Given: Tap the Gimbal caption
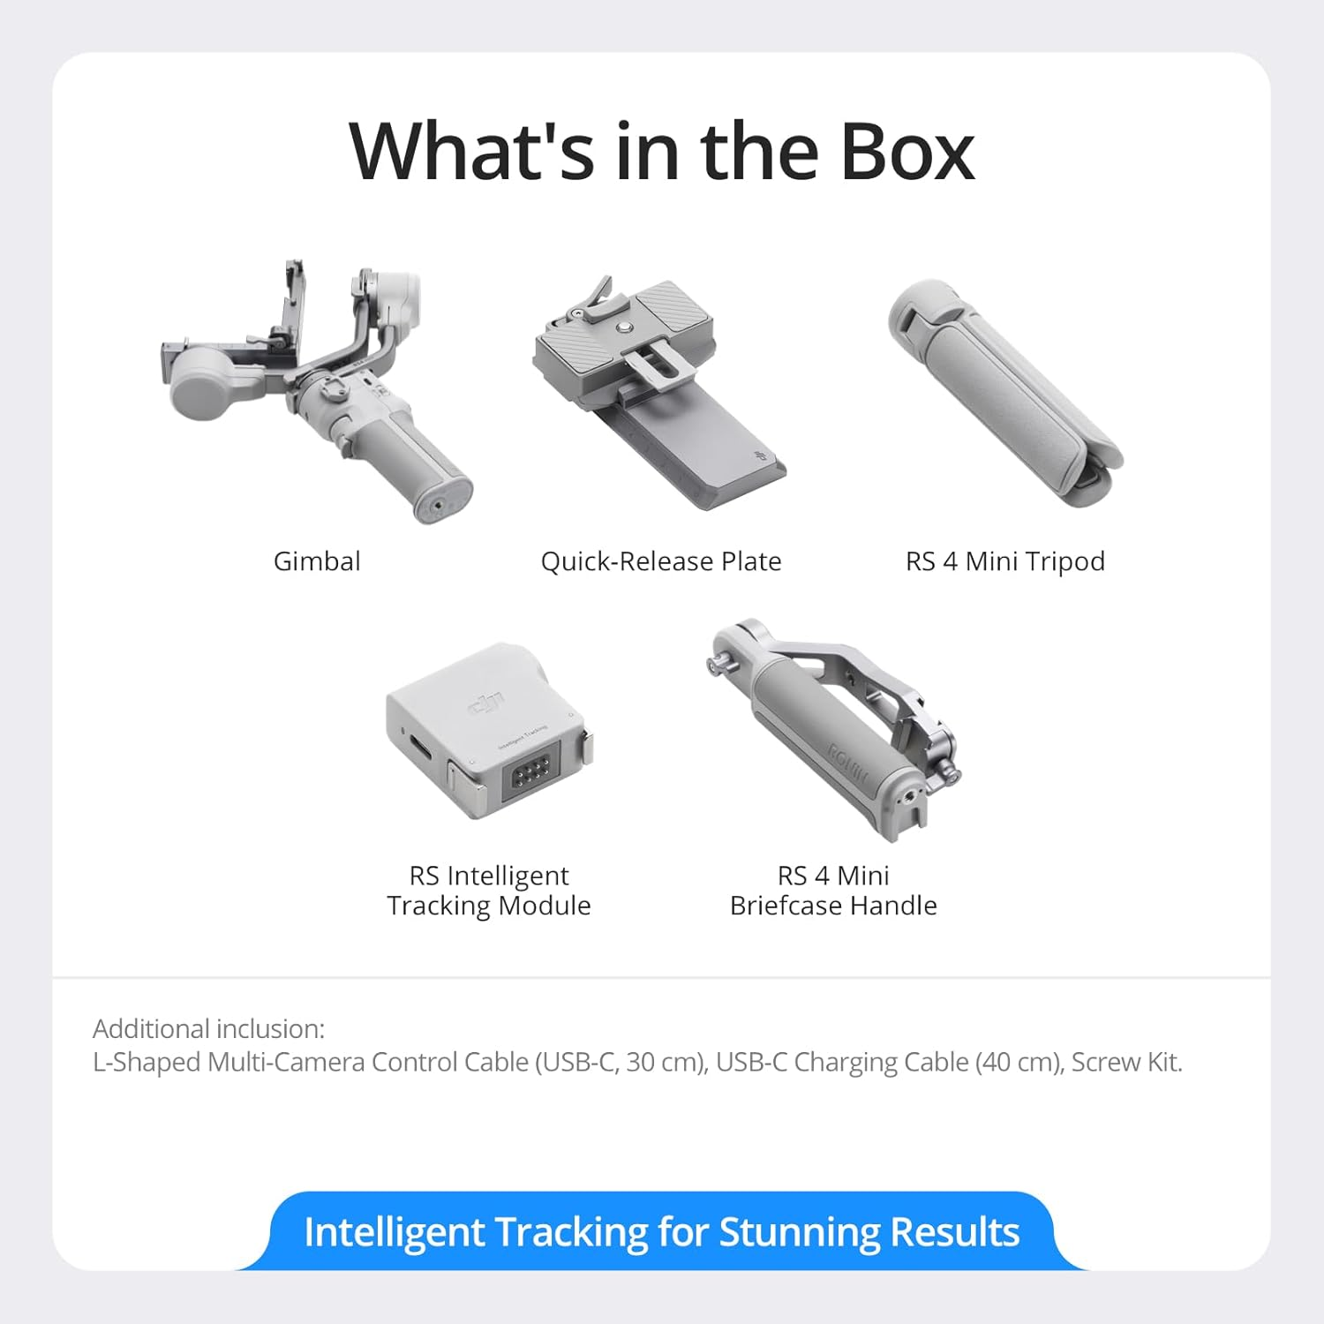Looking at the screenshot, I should (317, 561).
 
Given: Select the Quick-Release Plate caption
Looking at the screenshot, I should (661, 561).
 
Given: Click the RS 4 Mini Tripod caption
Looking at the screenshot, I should (1005, 561).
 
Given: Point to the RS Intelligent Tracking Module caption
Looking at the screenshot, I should (489, 891).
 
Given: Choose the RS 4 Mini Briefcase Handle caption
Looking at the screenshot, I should (833, 891).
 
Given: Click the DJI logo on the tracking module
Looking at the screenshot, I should (486, 704).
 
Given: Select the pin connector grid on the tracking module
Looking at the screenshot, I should (531, 773).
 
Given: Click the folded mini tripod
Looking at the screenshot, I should (1006, 393).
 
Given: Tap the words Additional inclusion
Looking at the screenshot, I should (209, 1029).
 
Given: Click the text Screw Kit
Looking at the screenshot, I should (1126, 1062).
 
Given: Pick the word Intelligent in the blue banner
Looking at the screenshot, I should (394, 1232).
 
